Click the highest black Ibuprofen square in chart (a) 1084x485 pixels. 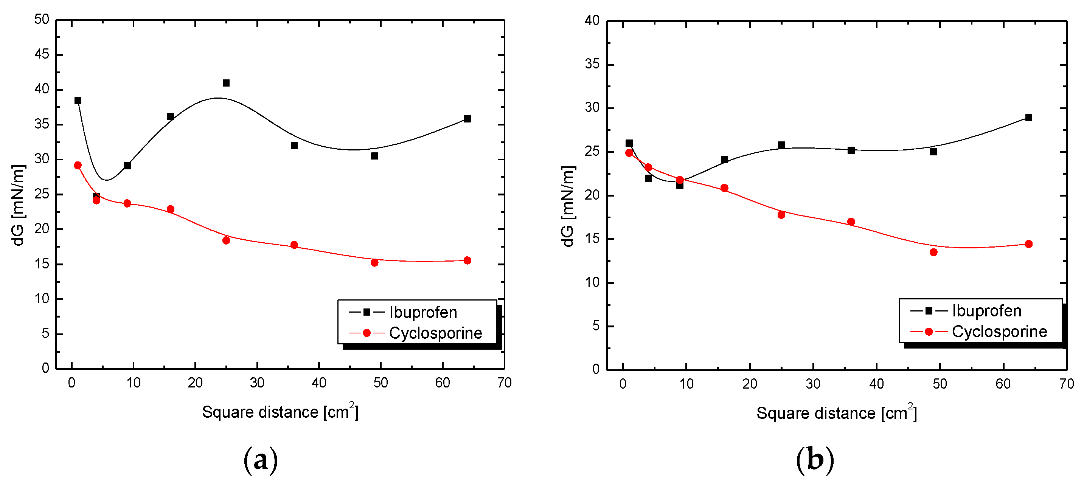click(226, 83)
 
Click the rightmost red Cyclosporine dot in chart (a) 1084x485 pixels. click(467, 260)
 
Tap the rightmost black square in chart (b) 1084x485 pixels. click(1028, 117)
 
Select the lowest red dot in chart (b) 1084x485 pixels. click(933, 253)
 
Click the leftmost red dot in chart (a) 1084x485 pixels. click(78, 165)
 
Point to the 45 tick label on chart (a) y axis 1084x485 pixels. click(42, 54)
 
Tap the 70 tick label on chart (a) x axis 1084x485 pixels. click(504, 383)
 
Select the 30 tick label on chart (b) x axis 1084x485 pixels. click(813, 384)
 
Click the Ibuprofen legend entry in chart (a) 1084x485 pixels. click(423, 313)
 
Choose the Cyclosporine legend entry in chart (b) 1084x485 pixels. click(999, 332)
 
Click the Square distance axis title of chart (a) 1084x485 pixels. click(280, 412)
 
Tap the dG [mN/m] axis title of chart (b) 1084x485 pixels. click(568, 206)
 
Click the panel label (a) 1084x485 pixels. click(261, 460)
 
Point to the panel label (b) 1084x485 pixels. click(815, 460)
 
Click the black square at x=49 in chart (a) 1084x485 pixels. click(374, 156)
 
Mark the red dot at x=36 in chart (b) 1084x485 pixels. click(851, 222)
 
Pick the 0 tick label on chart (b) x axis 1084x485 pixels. click(623, 384)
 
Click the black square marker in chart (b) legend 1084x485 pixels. click(929, 311)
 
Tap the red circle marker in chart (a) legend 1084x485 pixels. click(367, 333)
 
